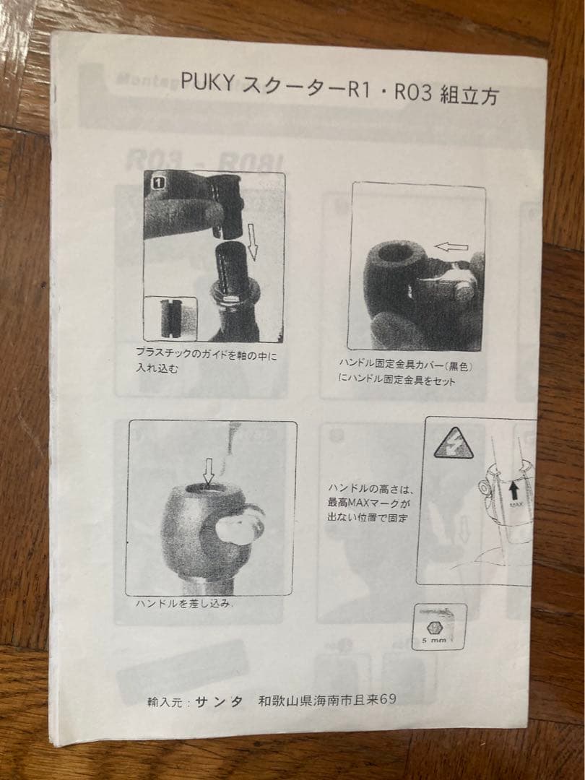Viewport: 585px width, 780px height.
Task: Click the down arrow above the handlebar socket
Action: pos(209,473)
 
